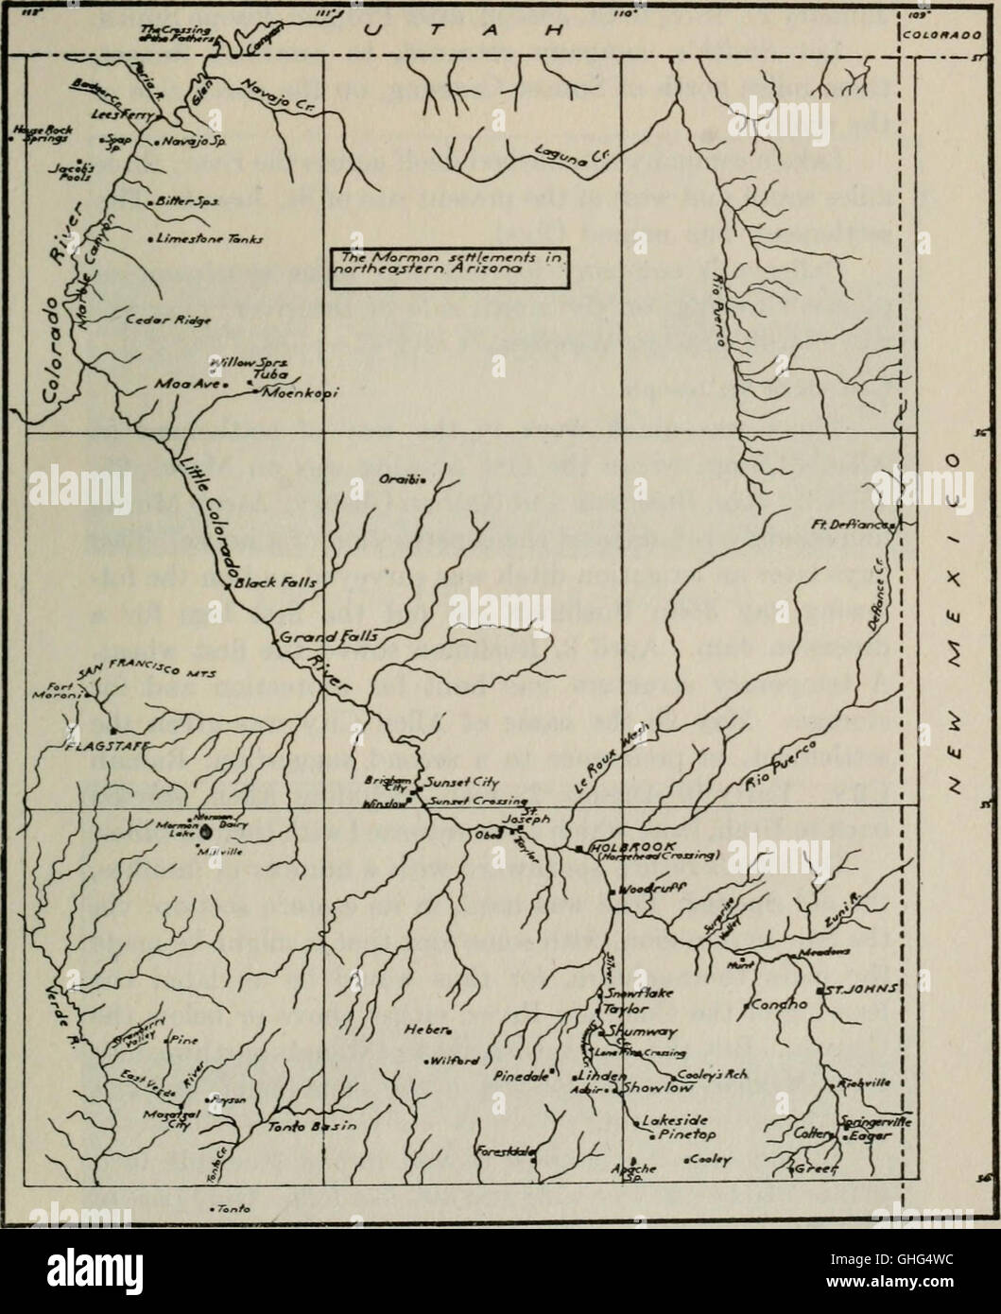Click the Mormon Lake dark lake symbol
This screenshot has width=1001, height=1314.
click(207, 833)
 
